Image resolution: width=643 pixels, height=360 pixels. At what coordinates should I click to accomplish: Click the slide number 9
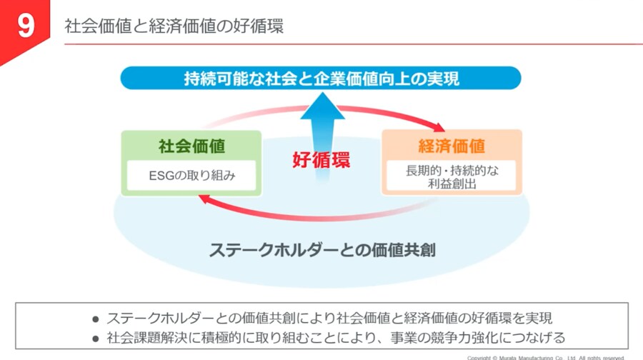[25, 26]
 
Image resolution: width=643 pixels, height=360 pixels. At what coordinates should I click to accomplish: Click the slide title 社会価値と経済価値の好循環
[174, 27]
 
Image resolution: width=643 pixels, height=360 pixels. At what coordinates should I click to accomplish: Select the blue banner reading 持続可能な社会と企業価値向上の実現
[321, 78]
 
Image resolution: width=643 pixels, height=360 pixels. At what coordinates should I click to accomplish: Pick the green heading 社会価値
[191, 146]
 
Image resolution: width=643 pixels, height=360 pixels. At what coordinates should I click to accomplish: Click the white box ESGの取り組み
[191, 175]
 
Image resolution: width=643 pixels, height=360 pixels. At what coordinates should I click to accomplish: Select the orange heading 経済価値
[452, 146]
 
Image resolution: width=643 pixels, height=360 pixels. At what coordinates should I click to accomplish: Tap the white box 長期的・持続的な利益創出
[451, 176]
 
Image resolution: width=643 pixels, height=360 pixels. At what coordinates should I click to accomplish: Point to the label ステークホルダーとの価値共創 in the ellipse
[322, 250]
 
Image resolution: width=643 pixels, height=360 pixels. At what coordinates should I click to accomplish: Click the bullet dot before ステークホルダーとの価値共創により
[95, 318]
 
